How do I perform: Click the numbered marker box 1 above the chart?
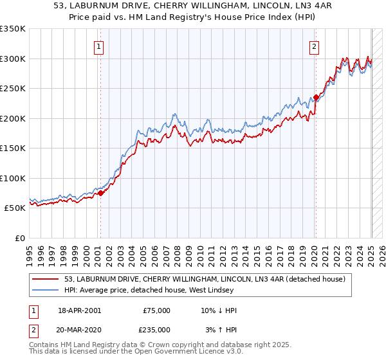100,46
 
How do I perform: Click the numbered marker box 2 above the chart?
315,46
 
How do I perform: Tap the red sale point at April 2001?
100,193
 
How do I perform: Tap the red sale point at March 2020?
316,97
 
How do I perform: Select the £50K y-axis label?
15,208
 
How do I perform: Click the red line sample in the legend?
46,279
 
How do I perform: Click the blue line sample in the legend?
46,290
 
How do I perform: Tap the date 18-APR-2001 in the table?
79,310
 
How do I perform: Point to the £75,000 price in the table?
156,310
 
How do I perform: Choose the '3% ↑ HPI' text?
221,329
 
